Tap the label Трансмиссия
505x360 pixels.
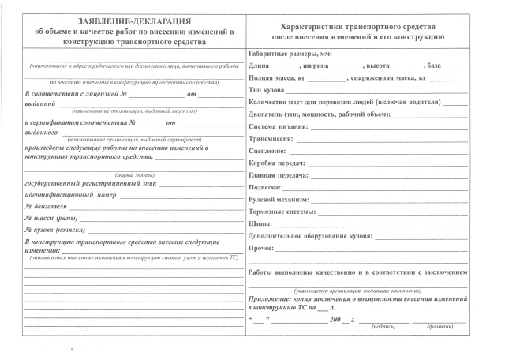coord(271,137)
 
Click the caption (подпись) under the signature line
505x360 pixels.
coord(385,325)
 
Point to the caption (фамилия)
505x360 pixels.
coord(438,325)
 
